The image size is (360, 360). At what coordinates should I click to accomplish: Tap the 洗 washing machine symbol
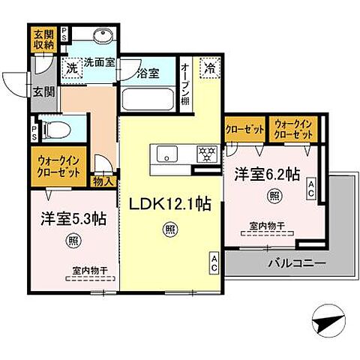pos(72,67)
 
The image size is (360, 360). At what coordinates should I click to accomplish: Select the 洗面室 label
pos(98,63)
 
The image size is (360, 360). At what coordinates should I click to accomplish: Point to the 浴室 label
pos(147,73)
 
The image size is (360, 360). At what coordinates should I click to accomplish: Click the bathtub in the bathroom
pos(147,98)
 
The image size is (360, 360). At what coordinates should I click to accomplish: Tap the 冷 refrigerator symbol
pos(210,67)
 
